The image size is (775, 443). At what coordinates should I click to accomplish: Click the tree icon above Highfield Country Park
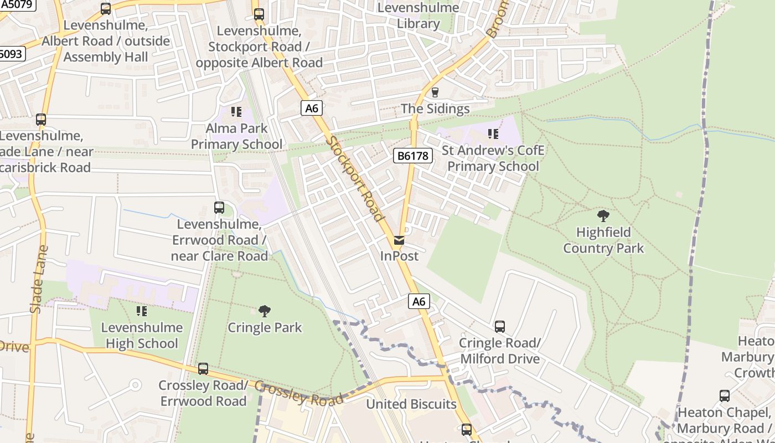click(x=603, y=215)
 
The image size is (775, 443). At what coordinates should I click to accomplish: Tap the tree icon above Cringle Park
click(x=265, y=311)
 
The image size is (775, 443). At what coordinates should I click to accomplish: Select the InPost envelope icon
click(x=399, y=240)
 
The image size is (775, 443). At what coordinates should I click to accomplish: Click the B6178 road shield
click(x=413, y=156)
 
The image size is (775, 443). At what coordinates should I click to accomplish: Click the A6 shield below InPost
click(x=419, y=301)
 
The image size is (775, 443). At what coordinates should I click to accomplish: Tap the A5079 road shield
click(x=18, y=5)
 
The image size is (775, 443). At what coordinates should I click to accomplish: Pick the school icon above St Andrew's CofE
click(x=493, y=134)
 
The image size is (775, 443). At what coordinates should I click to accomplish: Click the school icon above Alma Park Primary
click(x=236, y=112)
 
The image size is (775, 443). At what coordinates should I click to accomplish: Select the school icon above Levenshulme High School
click(x=142, y=311)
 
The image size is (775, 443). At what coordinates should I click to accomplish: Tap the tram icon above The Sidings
click(x=435, y=92)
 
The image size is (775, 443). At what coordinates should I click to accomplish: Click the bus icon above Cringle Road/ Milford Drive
click(x=499, y=327)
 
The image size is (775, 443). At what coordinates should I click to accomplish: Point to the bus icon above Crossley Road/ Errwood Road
click(x=203, y=369)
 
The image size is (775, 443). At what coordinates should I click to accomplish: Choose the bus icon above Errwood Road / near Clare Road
click(x=219, y=208)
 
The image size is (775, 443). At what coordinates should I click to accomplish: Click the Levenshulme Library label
click(x=418, y=16)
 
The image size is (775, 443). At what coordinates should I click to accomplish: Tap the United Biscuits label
click(x=411, y=404)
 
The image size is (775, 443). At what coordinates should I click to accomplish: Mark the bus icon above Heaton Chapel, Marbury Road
click(x=724, y=396)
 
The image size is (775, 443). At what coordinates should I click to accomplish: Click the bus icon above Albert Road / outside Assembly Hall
click(x=105, y=9)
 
